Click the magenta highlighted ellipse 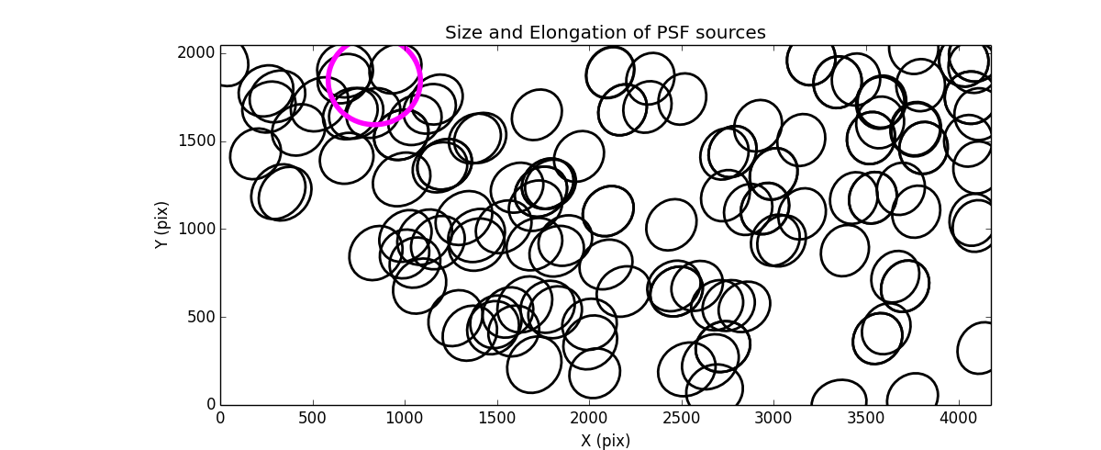(x=374, y=80)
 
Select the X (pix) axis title (x=606, y=441)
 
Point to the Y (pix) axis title (x=161, y=225)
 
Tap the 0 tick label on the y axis (x=210, y=405)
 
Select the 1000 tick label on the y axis (x=198, y=229)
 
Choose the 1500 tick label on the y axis (x=198, y=141)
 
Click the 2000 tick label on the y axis (x=198, y=53)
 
